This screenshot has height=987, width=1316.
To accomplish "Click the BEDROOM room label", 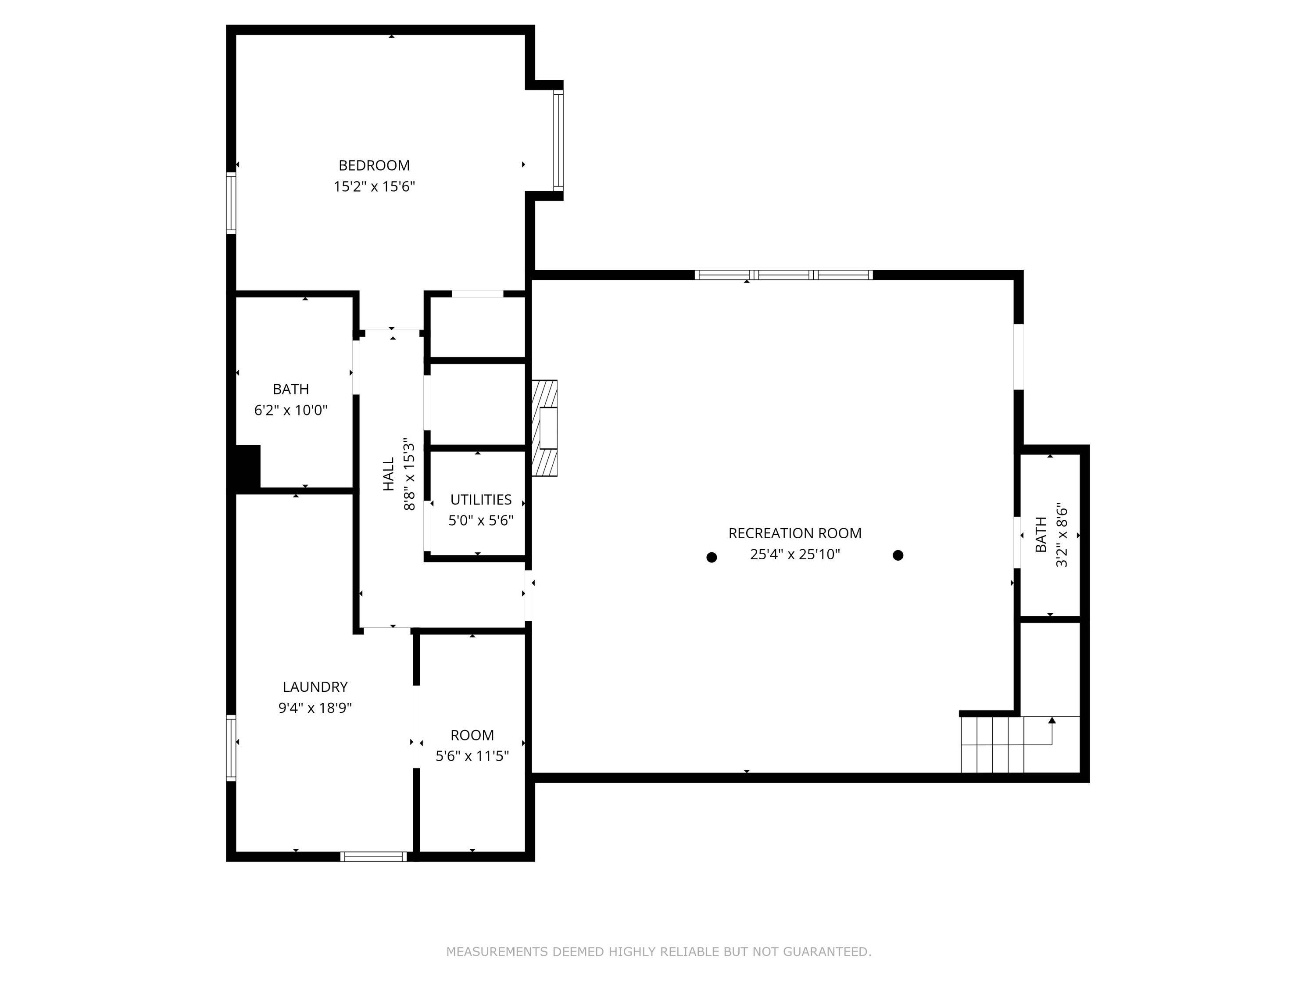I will pyautogui.click(x=374, y=165).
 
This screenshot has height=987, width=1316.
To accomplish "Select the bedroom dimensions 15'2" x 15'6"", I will pyautogui.click(x=374, y=187).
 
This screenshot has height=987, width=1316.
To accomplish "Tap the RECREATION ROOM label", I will pyautogui.click(x=794, y=533).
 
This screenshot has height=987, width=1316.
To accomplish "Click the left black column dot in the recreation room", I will pyautogui.click(x=711, y=558).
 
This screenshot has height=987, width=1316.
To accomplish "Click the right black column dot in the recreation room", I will pyautogui.click(x=898, y=555).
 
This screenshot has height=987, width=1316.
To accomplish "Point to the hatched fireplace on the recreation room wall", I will pyautogui.click(x=544, y=428).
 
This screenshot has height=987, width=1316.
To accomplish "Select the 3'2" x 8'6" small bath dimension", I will pyautogui.click(x=1062, y=536).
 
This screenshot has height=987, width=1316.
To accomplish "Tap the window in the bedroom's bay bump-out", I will pyautogui.click(x=558, y=140).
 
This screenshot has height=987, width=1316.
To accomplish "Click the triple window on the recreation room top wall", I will pyautogui.click(x=783, y=275).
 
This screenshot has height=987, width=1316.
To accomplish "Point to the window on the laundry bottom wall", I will pyautogui.click(x=374, y=857).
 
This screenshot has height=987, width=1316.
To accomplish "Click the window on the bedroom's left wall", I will pyautogui.click(x=231, y=203).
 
